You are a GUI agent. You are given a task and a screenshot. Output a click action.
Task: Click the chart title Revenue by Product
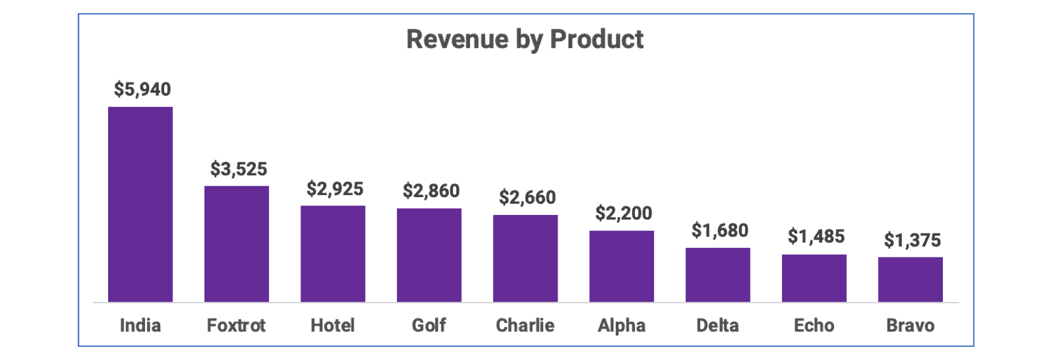[x=525, y=39]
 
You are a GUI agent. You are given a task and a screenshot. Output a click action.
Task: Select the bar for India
[x=140, y=204]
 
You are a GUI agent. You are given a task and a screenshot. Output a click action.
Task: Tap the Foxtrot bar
[x=237, y=244]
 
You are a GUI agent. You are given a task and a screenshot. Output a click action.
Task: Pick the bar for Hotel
[x=333, y=253]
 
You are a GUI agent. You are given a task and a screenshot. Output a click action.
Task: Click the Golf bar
[x=429, y=255]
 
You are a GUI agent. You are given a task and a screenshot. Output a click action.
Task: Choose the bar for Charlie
[x=525, y=258]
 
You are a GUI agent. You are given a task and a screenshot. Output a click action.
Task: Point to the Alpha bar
[x=621, y=266]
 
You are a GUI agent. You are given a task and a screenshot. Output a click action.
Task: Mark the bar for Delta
[x=718, y=274]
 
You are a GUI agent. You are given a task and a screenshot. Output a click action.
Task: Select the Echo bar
[x=814, y=278]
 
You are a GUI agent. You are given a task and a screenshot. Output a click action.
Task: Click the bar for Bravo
[x=910, y=279]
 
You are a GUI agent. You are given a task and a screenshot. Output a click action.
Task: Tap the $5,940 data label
[x=142, y=90]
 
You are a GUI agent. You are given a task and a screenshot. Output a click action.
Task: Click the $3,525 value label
[x=238, y=168]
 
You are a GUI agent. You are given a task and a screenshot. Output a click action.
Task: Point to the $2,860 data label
[x=430, y=191]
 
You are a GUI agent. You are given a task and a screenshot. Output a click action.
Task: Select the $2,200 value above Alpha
[x=623, y=214]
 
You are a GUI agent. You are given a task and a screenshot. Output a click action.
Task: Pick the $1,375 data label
[x=911, y=240]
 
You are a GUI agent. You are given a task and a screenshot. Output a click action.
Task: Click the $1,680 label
[x=719, y=231]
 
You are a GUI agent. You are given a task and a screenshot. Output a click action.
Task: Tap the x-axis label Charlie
[x=525, y=325]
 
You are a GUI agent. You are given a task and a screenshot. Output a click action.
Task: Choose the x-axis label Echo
[x=814, y=325]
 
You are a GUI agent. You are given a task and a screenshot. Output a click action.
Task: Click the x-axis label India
[x=140, y=325]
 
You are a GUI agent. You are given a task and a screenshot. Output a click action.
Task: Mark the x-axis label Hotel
[x=333, y=325]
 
